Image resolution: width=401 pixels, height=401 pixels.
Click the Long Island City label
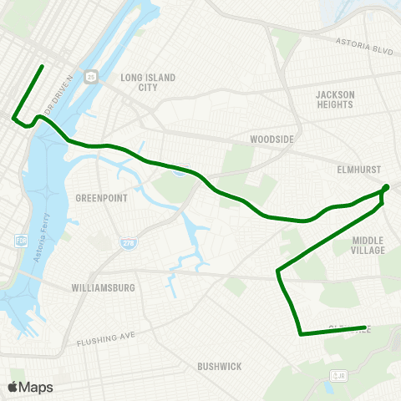(148, 82)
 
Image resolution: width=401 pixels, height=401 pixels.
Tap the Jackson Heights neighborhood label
(336, 100)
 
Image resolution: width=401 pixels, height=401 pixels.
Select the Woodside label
(269, 139)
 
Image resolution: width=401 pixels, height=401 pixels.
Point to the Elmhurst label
(359, 167)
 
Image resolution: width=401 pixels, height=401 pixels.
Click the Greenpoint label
(100, 198)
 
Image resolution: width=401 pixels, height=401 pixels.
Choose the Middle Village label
(368, 245)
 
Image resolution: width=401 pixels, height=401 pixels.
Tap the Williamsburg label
(99, 288)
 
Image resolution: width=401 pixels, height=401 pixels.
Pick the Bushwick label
(220, 367)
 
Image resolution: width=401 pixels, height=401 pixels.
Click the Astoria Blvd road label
(363, 45)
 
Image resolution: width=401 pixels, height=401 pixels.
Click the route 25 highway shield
(91, 76)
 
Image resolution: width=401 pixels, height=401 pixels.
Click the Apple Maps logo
(30, 387)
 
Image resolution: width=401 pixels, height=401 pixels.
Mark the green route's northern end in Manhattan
(43, 65)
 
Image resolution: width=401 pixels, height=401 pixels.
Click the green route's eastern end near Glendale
(365, 327)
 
